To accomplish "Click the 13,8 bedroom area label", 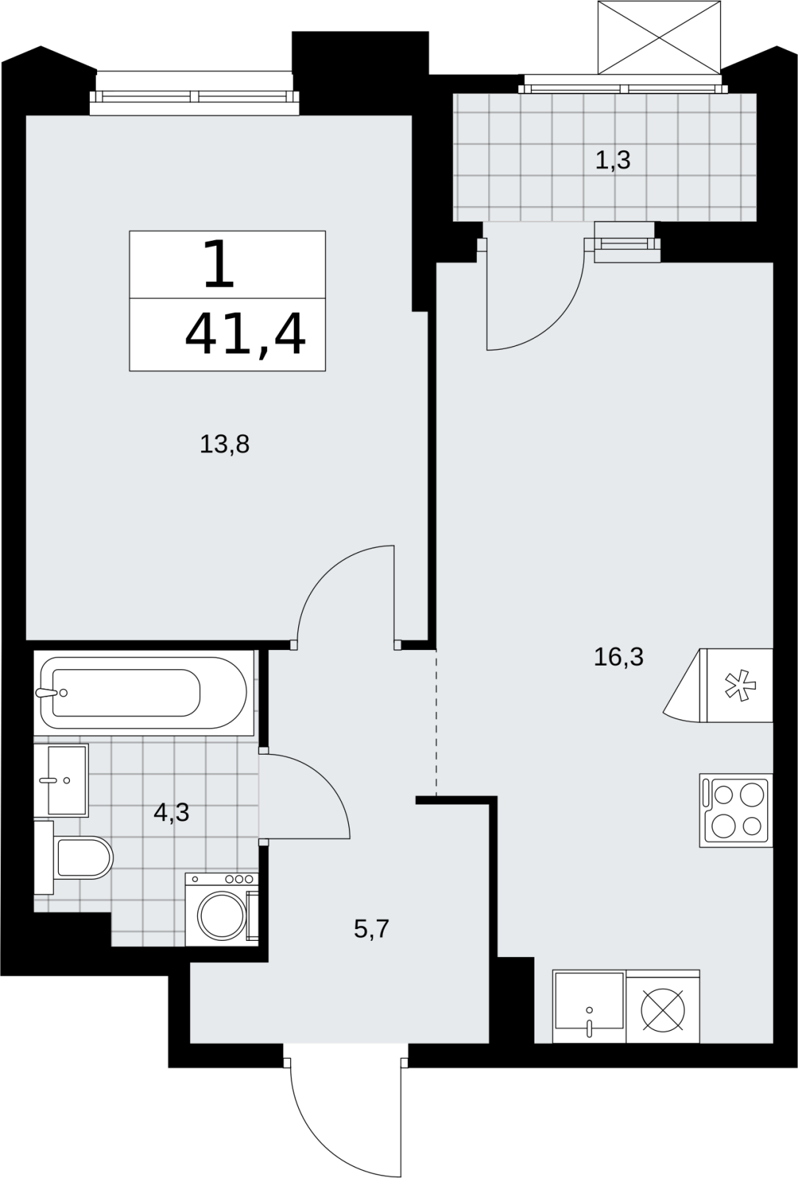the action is click(x=225, y=445).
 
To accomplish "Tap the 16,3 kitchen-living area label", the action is click(x=618, y=657).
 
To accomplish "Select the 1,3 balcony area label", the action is click(x=613, y=160).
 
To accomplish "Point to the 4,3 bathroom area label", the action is click(x=172, y=813).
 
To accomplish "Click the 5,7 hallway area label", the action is click(x=371, y=928).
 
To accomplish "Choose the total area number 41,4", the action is click(x=245, y=334).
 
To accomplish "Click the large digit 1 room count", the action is click(x=219, y=264).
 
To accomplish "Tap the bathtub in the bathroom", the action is click(x=144, y=693).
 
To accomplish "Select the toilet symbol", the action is click(x=74, y=857).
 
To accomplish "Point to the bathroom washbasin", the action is click(x=62, y=780).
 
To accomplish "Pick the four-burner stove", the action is click(x=736, y=811).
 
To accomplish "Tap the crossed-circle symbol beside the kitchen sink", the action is click(x=663, y=1009).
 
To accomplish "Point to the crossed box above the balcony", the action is click(x=659, y=38).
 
